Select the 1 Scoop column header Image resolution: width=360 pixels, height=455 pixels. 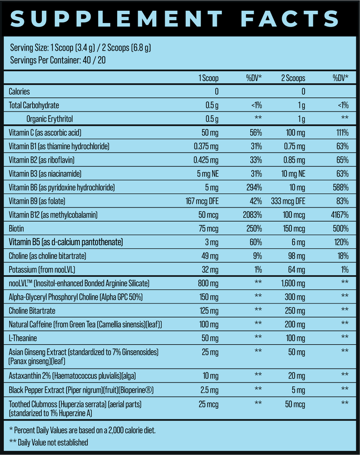pyautogui.click(x=208, y=78)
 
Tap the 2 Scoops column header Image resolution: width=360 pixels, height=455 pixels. pyautogui.click(x=293, y=78)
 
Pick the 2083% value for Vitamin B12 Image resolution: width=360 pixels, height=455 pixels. pyautogui.click(x=253, y=215)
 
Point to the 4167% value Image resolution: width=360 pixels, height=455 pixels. pyautogui.click(x=340, y=215)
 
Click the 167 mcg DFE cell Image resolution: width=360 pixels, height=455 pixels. pyautogui.click(x=202, y=201)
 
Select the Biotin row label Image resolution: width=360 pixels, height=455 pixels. pyautogui.click(x=17, y=229)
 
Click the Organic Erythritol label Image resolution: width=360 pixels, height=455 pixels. pyautogui.click(x=49, y=119)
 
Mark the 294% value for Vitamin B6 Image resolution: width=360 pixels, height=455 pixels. pyautogui.click(x=254, y=188)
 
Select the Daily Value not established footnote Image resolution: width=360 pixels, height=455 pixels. pyautogui.click(x=48, y=442)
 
